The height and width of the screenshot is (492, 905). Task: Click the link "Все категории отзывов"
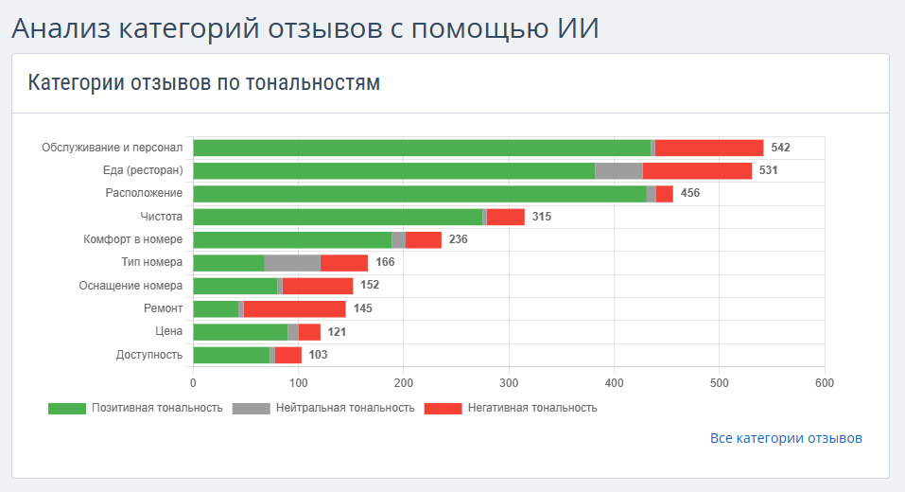(x=786, y=438)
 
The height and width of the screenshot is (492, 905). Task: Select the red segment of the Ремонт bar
(x=294, y=308)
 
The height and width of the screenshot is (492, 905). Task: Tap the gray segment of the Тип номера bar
(x=292, y=263)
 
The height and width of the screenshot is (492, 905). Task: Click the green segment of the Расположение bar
(x=419, y=194)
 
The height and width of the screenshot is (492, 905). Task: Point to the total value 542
(x=780, y=148)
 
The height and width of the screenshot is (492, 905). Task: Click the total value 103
(x=318, y=355)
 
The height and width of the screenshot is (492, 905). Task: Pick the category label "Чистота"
(x=163, y=217)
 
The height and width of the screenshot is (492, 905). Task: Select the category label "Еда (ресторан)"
(x=143, y=170)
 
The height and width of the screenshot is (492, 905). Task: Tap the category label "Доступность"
(x=149, y=355)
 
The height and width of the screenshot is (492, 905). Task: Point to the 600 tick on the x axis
(x=825, y=382)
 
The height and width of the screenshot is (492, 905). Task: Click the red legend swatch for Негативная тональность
(x=443, y=408)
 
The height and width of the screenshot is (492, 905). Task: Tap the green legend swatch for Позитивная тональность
(x=66, y=408)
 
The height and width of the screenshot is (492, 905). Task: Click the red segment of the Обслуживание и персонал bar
(x=709, y=148)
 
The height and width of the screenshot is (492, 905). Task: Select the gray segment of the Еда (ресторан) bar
(x=618, y=170)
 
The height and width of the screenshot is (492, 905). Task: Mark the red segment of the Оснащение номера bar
(x=317, y=286)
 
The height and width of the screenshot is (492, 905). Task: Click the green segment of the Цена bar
(x=240, y=332)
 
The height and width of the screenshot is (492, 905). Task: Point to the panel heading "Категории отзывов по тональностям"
(x=204, y=82)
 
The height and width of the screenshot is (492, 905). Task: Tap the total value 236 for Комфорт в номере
(x=458, y=239)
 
